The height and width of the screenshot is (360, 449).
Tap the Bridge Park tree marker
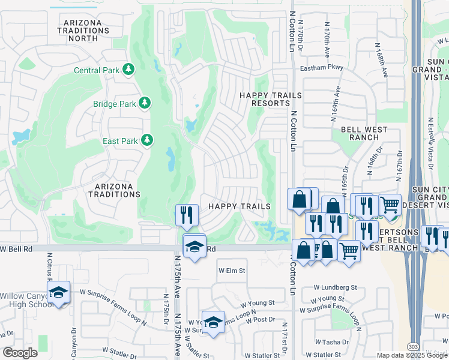pyautogui.click(x=144, y=103)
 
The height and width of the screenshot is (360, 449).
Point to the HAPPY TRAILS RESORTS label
pyautogui.click(x=265, y=99)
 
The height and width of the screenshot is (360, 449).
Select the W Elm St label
pyautogui.click(x=232, y=271)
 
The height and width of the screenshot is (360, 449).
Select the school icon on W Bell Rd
pyautogui.click(x=194, y=246)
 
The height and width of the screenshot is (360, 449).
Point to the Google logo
pyautogui.click(x=20, y=352)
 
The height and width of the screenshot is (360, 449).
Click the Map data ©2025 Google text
pyautogui.click(x=406, y=355)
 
